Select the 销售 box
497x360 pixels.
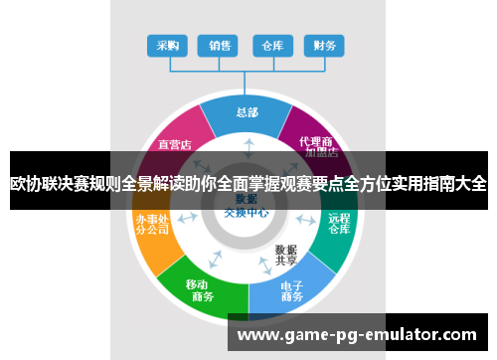point(219,46)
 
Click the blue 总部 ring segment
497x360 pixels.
point(247,112)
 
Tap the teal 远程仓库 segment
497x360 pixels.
point(339,225)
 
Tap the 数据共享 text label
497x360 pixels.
point(285,255)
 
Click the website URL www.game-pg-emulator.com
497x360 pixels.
point(357,335)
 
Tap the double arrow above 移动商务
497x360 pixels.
point(215,262)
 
